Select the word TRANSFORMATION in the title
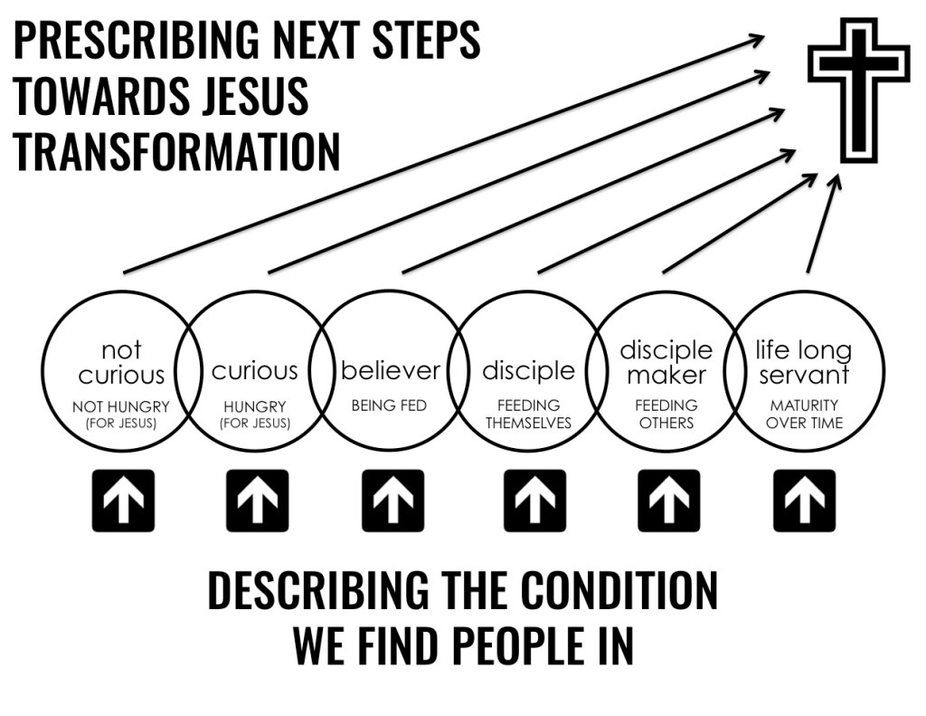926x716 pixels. pos(176,151)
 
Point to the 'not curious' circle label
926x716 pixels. pos(121,362)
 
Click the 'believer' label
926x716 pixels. pos(390,370)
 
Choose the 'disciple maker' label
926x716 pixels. pos(666,362)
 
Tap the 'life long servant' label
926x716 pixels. pos(803,362)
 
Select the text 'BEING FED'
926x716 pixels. pos(389,406)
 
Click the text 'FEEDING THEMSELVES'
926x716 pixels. pos(528,414)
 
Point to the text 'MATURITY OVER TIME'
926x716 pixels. pos(804,414)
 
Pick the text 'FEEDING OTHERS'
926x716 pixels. pos(666,414)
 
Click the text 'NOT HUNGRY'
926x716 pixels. pos(121,407)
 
